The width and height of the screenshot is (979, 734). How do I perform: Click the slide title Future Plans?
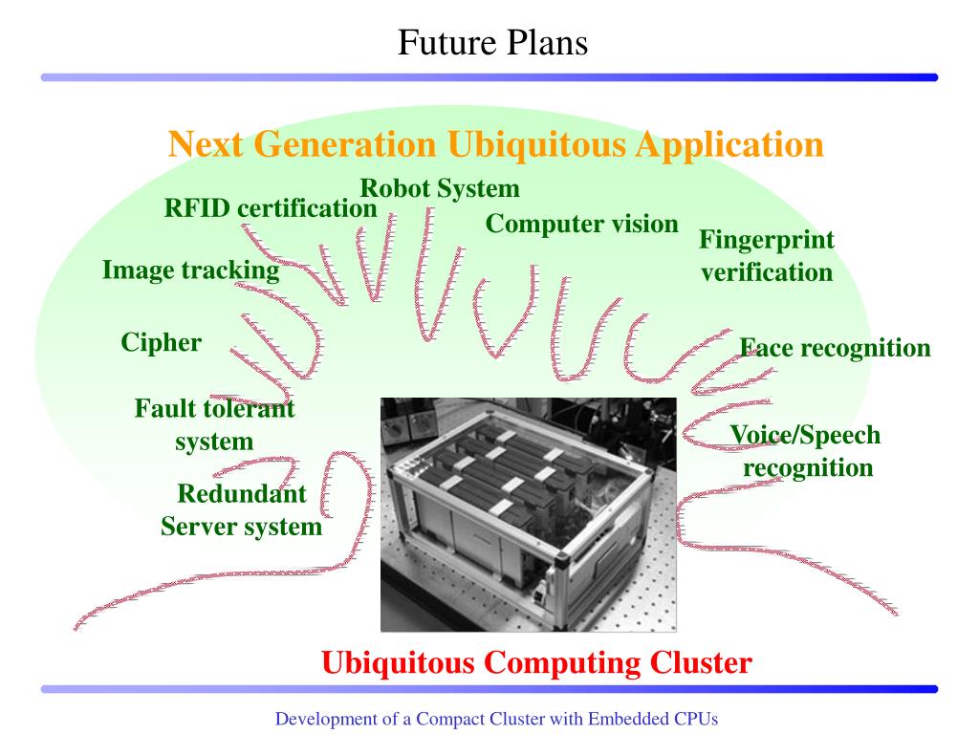(491, 42)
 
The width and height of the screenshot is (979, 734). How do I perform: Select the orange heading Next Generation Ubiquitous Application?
(495, 144)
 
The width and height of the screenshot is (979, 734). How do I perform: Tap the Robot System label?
(440, 188)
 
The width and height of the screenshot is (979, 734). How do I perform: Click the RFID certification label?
(271, 207)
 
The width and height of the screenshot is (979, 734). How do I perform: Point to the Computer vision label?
(581, 224)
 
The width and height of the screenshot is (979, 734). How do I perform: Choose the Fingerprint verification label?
(767, 256)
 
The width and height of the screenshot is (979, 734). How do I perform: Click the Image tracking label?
(191, 270)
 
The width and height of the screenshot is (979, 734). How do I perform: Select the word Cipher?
(162, 342)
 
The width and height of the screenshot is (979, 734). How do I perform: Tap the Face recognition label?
(836, 348)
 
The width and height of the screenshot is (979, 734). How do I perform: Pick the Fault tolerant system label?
(214, 425)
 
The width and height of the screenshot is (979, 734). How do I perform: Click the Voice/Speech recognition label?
(805, 452)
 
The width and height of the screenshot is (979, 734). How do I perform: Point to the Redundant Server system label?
(242, 510)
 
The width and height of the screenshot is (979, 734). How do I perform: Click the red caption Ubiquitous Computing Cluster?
(536, 662)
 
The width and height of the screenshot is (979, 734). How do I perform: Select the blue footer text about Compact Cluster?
(496, 718)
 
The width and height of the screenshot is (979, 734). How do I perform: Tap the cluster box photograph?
(528, 514)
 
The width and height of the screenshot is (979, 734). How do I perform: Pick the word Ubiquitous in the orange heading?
(537, 144)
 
